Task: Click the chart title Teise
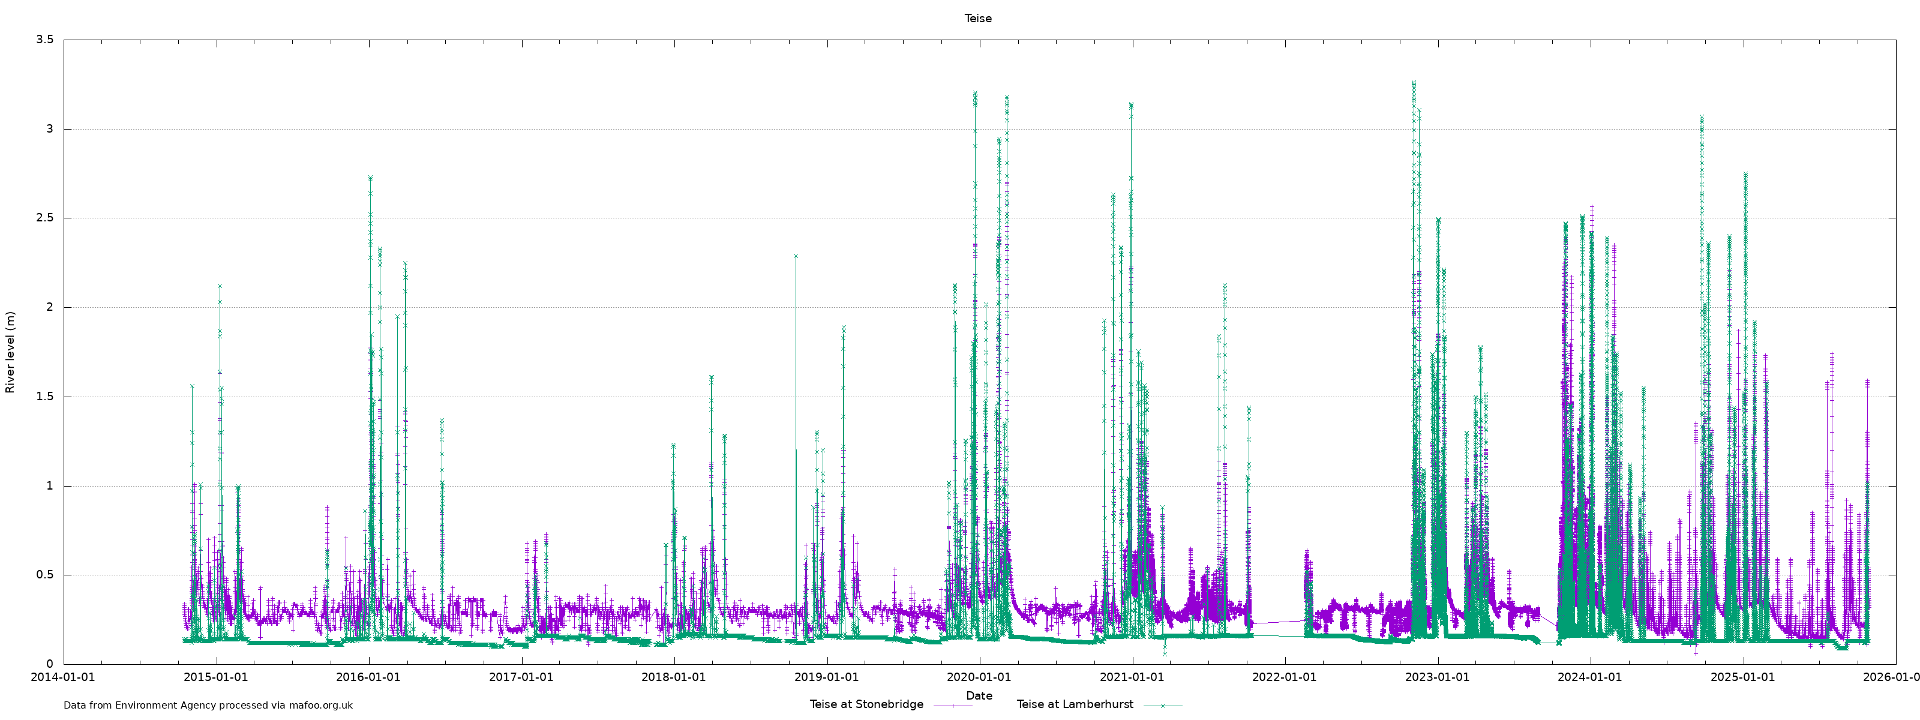point(978,19)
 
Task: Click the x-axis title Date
point(979,695)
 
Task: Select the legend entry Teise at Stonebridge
point(866,704)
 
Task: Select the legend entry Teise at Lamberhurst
point(1074,704)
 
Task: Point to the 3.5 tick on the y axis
point(45,40)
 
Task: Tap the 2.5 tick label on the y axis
point(45,218)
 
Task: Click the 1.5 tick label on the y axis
point(45,397)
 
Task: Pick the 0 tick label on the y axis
point(50,664)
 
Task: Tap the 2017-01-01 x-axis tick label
point(521,677)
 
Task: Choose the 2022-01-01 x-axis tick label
point(1284,677)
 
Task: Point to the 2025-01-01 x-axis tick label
point(1742,677)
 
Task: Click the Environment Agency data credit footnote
point(208,705)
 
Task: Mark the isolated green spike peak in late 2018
point(795,256)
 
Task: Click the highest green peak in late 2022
point(1413,83)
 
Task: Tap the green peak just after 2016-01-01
point(370,178)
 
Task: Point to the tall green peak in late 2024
point(1702,117)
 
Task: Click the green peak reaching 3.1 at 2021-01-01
point(1130,105)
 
